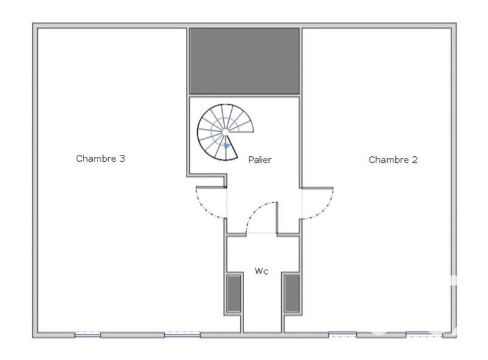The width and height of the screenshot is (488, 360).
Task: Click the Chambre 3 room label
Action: pyautogui.click(x=101, y=159)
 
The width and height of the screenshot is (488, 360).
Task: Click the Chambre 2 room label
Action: pyautogui.click(x=393, y=160)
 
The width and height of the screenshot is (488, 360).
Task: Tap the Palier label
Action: pyautogui.click(x=259, y=160)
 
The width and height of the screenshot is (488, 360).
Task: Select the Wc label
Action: pyautogui.click(x=261, y=271)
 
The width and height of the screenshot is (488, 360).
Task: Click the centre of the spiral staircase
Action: pyautogui.click(x=225, y=132)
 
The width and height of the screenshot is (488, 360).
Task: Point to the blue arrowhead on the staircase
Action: pyautogui.click(x=227, y=146)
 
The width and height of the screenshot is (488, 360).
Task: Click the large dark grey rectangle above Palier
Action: pyautogui.click(x=244, y=60)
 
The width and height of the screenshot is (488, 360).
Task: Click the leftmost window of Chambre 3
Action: pyautogui.click(x=88, y=334)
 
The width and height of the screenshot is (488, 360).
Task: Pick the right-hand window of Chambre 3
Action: pyautogui.click(x=182, y=334)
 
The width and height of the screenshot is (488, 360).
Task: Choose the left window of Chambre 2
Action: pyautogui.click(x=342, y=334)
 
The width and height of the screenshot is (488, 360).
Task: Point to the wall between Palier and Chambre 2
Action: pyautogui.click(x=301, y=140)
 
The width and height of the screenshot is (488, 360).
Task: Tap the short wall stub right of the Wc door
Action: pyautogui.click(x=277, y=217)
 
